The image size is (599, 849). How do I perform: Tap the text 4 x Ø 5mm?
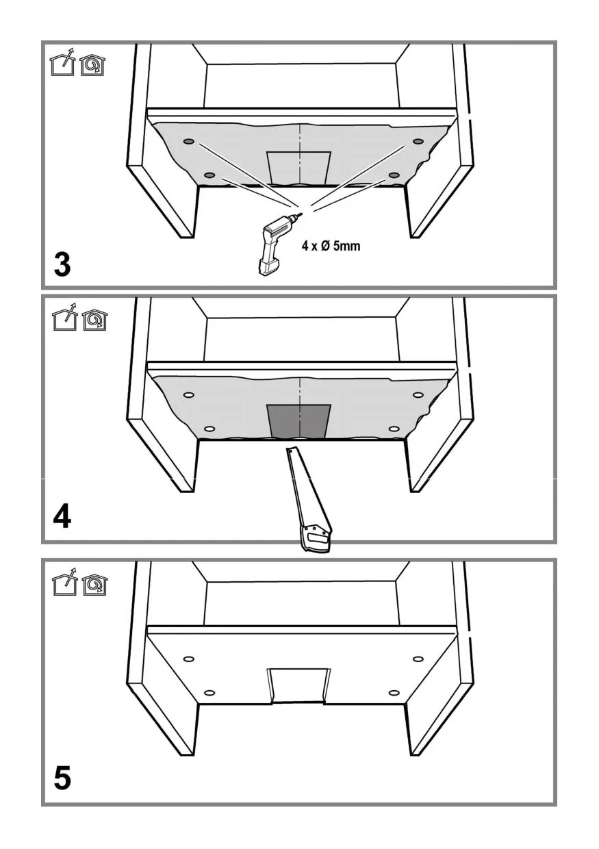click(331, 246)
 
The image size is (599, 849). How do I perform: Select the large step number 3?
click(62, 264)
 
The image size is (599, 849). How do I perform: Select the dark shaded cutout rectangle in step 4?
click(299, 422)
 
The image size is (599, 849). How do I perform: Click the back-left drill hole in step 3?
click(189, 142)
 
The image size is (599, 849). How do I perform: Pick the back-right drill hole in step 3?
click(418, 141)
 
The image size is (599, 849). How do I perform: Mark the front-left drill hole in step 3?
click(209, 175)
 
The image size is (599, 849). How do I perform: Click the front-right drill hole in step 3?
click(394, 175)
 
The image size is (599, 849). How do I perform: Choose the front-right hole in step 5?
click(394, 693)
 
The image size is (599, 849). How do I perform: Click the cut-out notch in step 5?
click(299, 686)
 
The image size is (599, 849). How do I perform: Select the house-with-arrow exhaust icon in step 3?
click(63, 62)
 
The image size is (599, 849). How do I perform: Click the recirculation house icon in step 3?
click(93, 65)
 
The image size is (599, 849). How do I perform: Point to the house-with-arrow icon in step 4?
click(65, 317)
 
